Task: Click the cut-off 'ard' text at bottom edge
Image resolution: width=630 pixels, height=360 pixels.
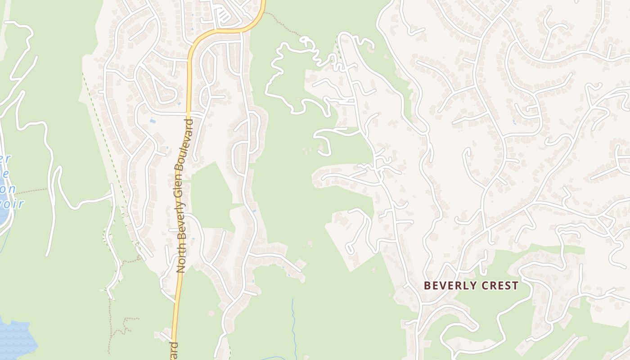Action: pyautogui.click(x=175, y=351)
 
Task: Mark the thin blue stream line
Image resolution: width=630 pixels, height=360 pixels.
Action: pyautogui.click(x=294, y=324)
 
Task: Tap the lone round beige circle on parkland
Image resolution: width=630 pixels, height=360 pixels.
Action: pyautogui.click(x=211, y=313)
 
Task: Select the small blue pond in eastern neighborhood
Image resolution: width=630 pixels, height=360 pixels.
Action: pyautogui.click(x=514, y=121)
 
